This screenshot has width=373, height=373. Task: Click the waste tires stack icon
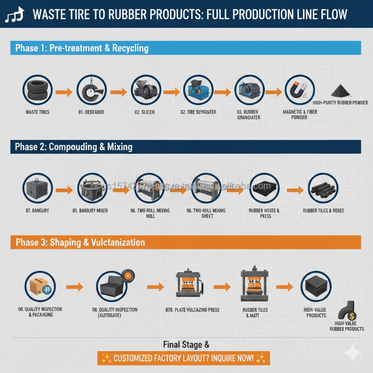(x=37, y=92)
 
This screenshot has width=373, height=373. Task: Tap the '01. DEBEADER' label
(x=91, y=112)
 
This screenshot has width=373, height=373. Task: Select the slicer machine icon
(x=144, y=92)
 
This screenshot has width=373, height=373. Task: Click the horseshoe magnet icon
(x=300, y=92)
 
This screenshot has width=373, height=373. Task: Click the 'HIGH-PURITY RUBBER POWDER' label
(x=340, y=103)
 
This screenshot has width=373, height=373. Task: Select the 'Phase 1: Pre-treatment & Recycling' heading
(x=82, y=48)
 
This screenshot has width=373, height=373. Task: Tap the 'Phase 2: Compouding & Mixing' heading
(x=73, y=147)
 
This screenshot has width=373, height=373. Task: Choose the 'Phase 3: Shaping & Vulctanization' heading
(x=80, y=242)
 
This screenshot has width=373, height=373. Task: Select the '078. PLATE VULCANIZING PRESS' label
(x=192, y=310)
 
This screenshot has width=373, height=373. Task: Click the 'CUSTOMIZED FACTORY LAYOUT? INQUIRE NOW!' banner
(x=183, y=357)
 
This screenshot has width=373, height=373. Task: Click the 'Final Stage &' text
(x=186, y=344)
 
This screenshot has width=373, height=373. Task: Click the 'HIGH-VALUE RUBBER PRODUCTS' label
(x=347, y=326)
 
